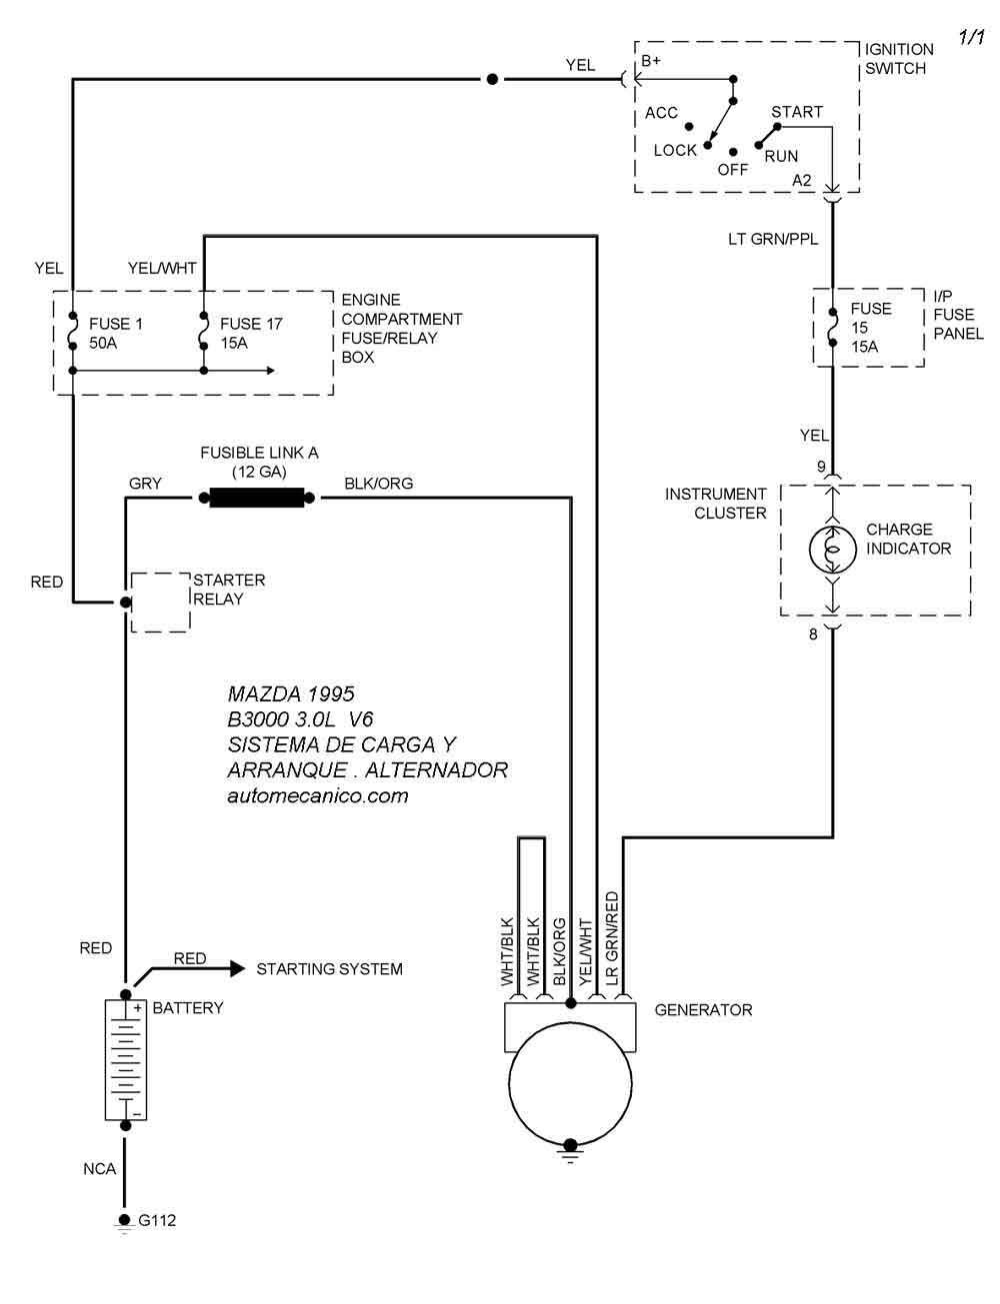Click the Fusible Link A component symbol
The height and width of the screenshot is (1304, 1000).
256,497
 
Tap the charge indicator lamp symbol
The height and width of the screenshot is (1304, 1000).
832,548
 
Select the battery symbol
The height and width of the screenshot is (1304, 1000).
126,1059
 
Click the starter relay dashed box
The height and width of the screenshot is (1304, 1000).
160,603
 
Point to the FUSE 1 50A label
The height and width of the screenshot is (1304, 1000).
116,334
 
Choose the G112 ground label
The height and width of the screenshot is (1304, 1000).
157,1220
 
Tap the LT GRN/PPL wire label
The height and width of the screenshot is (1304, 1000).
773,240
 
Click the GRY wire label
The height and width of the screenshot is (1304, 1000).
145,484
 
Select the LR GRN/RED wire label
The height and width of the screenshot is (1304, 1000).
612,939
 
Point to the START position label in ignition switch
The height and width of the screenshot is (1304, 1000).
797,112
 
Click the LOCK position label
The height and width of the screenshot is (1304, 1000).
675,150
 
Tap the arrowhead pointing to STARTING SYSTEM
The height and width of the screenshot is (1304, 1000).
237,968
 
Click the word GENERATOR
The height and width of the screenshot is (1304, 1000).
703,1010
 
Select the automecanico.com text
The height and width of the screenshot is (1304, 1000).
318,796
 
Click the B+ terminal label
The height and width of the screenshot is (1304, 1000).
651,61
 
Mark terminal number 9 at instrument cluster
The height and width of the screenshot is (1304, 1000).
821,467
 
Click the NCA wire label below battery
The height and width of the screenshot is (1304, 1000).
100,1169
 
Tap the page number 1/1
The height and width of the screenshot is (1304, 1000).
972,38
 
